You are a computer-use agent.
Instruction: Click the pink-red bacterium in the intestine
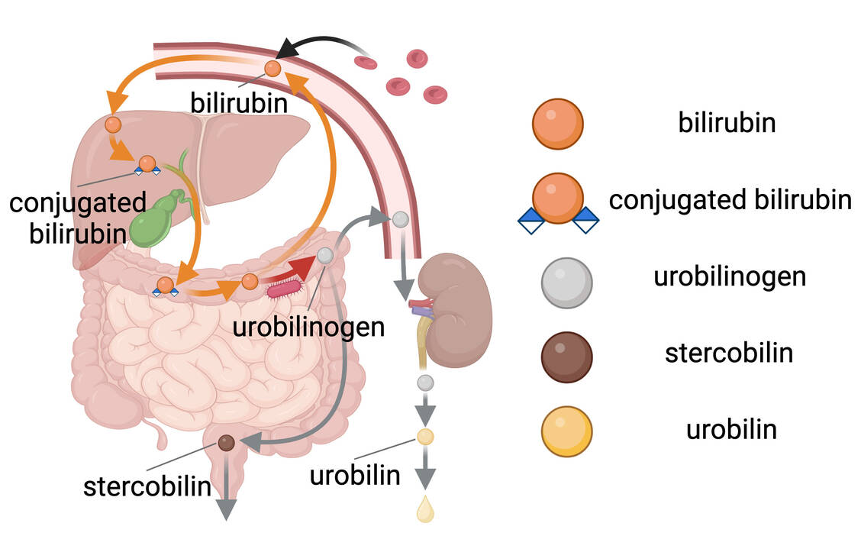pos(284,289)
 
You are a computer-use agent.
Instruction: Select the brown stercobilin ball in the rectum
pos(227,442)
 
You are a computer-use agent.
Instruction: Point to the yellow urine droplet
pos(425,509)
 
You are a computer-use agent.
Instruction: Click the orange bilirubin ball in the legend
pos(558,124)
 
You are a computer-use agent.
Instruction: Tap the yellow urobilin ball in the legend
pos(566,431)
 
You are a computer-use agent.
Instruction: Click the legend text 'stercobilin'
pos(728,354)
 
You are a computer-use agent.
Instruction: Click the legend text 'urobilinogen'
pos(729,276)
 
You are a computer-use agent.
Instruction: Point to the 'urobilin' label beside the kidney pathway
pos(355,475)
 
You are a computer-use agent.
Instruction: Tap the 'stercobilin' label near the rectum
pos(147,486)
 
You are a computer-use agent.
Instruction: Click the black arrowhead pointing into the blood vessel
pos(288,50)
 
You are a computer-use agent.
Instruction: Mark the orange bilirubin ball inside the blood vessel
pos(272,69)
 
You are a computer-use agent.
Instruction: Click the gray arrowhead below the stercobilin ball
pos(227,509)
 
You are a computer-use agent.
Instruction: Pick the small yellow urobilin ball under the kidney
pos(425,437)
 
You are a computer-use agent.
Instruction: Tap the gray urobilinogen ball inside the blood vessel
pos(400,220)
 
